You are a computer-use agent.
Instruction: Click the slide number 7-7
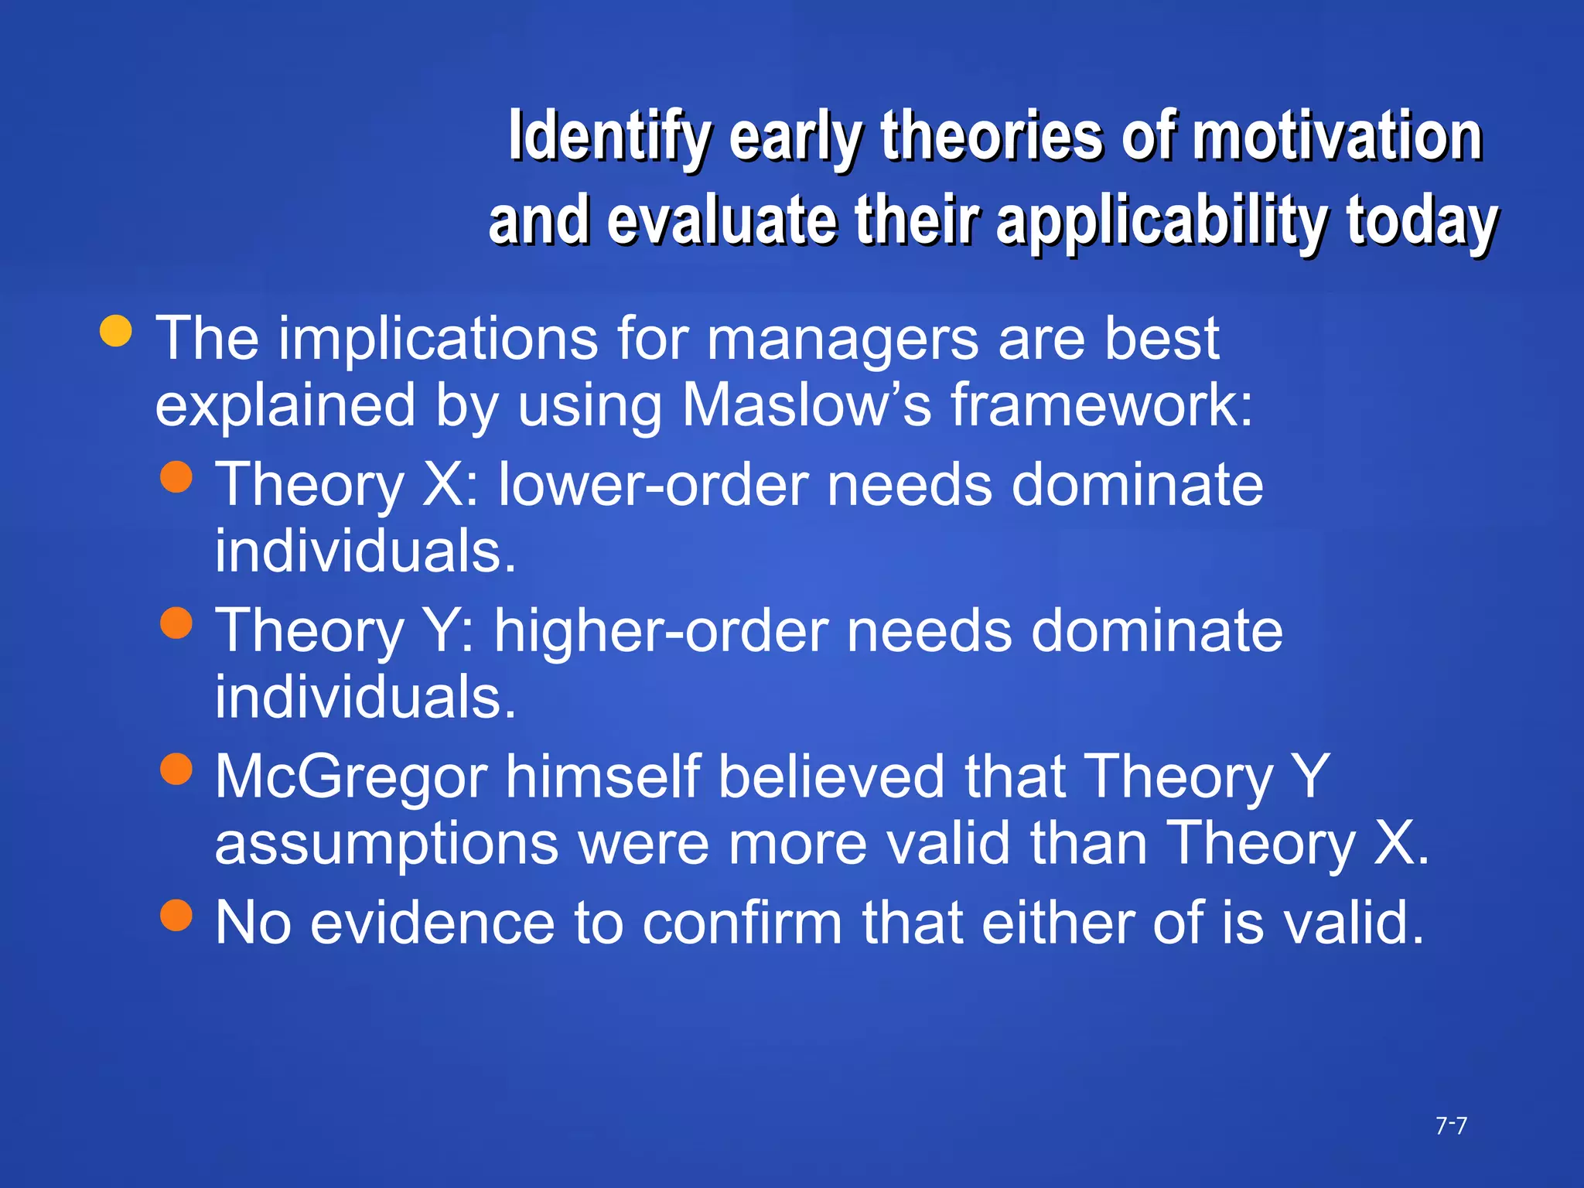[x=1451, y=1125]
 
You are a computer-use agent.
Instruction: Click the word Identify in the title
[x=609, y=137]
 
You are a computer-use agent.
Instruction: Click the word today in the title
[x=1422, y=222]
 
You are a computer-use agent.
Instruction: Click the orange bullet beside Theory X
[x=176, y=477]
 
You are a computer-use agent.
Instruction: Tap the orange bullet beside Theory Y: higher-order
[x=176, y=623]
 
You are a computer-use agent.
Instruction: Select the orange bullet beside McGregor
[x=176, y=769]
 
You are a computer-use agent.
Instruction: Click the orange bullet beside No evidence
[x=176, y=914]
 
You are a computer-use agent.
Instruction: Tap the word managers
[x=843, y=339]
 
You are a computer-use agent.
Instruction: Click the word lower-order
[x=655, y=485]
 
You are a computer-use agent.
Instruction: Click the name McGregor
[x=351, y=777]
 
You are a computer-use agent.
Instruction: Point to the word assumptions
[x=387, y=843]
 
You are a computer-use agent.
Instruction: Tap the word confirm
[x=742, y=923]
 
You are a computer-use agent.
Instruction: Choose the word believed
[x=831, y=777]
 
